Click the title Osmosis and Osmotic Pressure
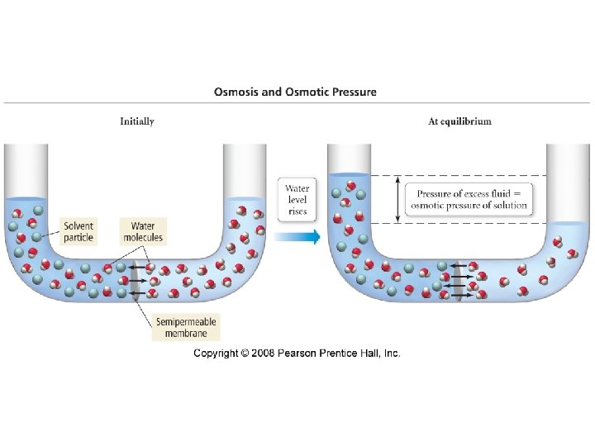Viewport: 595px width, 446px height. point(295,92)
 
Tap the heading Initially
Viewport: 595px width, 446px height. point(137,121)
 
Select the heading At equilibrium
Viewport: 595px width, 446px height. point(459,121)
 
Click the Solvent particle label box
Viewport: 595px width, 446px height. point(79,231)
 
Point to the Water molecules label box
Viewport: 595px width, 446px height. point(143,231)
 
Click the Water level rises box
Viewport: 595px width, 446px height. point(297,200)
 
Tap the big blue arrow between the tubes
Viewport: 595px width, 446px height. point(297,237)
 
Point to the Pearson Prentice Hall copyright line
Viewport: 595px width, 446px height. point(297,353)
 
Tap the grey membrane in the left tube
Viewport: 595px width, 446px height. point(134,283)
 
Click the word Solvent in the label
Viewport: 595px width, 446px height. point(79,225)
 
